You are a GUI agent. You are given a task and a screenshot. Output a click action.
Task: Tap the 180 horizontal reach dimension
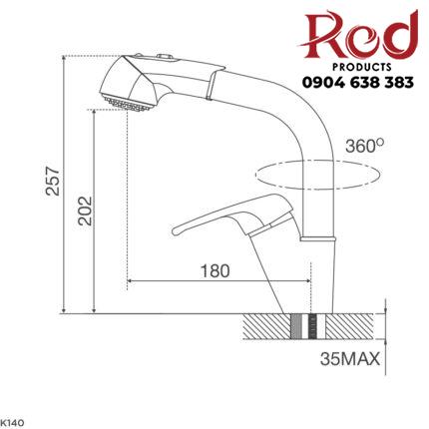[x=214, y=270]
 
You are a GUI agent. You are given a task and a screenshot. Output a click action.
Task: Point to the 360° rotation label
[x=364, y=146]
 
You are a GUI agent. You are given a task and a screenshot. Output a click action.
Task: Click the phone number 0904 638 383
[x=353, y=84]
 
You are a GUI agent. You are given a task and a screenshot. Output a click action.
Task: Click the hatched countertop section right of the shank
[x=349, y=326]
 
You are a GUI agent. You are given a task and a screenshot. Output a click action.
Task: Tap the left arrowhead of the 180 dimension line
[x=131, y=282]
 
